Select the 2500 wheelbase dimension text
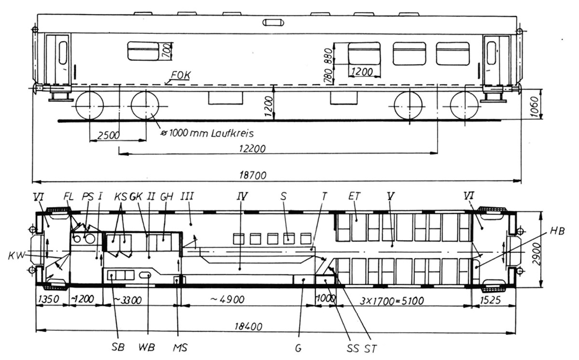click(x=108, y=135)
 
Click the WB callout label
click(x=147, y=347)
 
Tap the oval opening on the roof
click(x=274, y=22)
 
